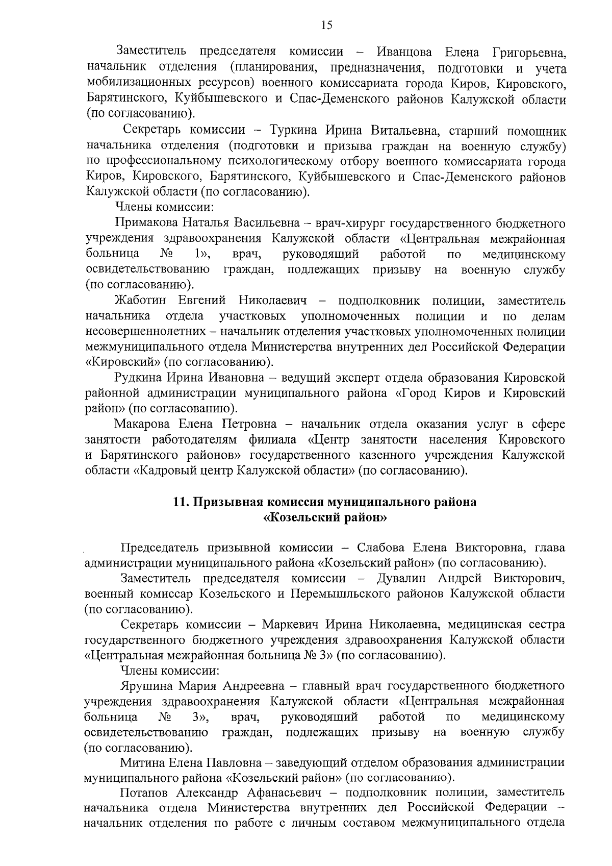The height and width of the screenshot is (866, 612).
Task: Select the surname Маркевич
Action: tap(290, 625)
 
